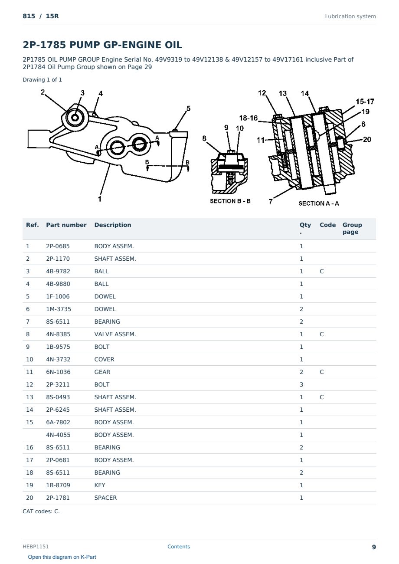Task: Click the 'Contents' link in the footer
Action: [x=179, y=546]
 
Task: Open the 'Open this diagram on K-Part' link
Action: [x=62, y=557]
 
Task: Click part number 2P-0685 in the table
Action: [x=58, y=246]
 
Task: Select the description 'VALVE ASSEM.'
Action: [x=115, y=334]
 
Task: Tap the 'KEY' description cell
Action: [x=100, y=485]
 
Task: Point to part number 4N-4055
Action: [x=58, y=435]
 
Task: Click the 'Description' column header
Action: [x=113, y=225]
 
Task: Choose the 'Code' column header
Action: [x=327, y=225]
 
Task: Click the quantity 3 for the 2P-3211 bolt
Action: [x=301, y=384]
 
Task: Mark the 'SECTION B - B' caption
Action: [x=230, y=201]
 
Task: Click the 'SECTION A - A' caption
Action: [x=318, y=203]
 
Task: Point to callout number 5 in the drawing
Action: [x=188, y=108]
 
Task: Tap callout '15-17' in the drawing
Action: [x=365, y=102]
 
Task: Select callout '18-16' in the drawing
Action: [x=248, y=118]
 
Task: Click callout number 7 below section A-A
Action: [x=270, y=201]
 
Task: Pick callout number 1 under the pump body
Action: [x=100, y=199]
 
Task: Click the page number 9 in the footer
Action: [x=374, y=547]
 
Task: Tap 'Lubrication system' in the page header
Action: [x=350, y=16]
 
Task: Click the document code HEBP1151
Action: [x=36, y=546]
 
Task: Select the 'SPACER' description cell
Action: [x=105, y=498]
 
